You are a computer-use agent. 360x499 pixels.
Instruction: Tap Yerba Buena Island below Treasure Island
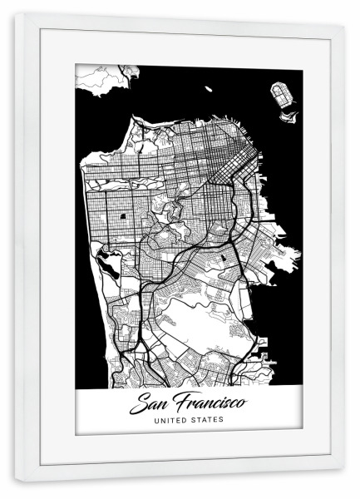290,113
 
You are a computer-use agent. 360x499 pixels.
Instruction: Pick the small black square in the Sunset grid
124,218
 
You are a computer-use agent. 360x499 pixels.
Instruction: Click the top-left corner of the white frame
16,17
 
